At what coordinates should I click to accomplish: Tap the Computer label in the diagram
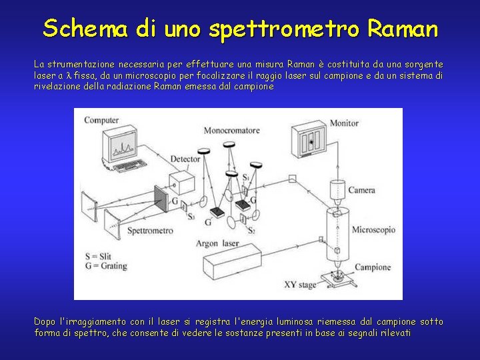click(101, 120)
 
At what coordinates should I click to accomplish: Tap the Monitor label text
click(344, 123)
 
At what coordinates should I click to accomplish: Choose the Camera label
click(361, 190)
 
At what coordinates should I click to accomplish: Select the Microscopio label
click(373, 230)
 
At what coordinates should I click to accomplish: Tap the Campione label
click(373, 267)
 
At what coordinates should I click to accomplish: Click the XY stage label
click(299, 285)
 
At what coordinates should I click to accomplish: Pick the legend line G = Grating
click(108, 267)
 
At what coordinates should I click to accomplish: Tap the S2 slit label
click(251, 230)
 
